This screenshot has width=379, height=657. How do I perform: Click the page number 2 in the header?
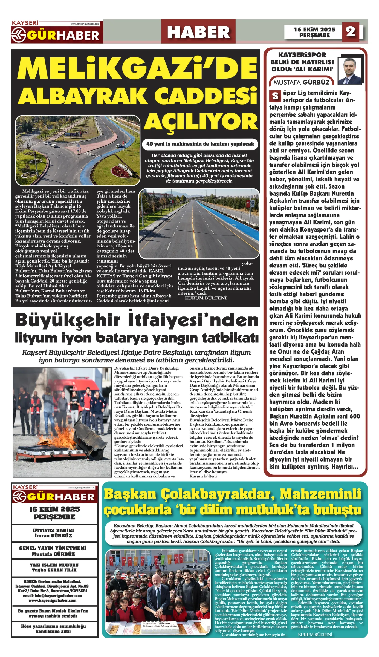[x=350, y=32]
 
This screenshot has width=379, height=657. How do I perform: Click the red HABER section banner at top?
[x=198, y=32]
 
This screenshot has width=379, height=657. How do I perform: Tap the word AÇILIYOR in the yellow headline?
[x=201, y=122]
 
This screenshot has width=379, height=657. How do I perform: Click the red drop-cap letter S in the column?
[x=275, y=96]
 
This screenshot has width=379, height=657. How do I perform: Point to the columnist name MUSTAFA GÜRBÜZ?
[x=302, y=82]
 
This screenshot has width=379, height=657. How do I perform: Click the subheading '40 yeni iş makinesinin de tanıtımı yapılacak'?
[x=200, y=144]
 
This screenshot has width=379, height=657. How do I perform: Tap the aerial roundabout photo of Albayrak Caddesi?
[x=78, y=150]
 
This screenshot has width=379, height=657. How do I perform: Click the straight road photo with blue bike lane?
[x=199, y=223]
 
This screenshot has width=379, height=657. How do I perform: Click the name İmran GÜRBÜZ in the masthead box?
[x=53, y=536]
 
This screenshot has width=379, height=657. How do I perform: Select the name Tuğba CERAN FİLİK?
[x=54, y=570]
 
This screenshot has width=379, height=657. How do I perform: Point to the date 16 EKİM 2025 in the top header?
[x=314, y=30]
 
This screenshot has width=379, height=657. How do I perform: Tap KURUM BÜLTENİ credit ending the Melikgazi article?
[x=206, y=298]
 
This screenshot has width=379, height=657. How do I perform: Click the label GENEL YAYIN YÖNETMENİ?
[x=53, y=548]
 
